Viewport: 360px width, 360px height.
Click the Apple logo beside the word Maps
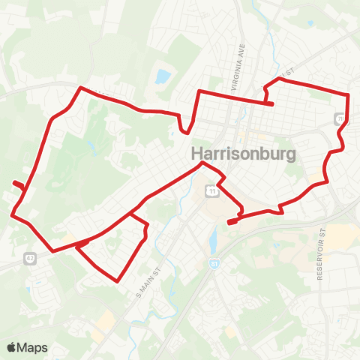[12, 347]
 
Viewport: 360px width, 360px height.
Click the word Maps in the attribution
[32, 347]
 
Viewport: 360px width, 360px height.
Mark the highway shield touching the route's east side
[340, 118]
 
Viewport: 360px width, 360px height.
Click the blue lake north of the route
[162, 76]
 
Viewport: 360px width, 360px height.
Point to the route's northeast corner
[349, 94]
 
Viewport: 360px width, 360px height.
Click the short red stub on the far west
[18, 184]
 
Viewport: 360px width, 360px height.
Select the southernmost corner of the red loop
[118, 281]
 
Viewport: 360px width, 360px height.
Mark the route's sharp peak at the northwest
[80, 88]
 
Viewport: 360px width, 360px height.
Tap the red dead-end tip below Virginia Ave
[271, 103]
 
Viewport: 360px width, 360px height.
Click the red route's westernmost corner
[12, 215]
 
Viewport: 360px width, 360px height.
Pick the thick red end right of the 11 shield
[232, 220]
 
